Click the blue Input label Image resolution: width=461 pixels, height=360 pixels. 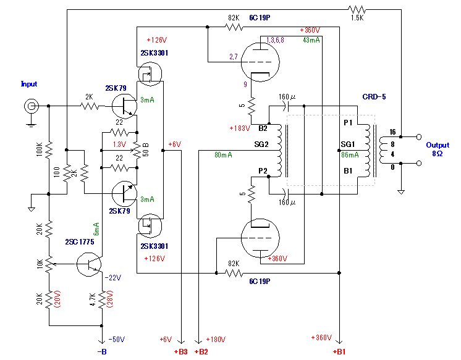click(29, 84)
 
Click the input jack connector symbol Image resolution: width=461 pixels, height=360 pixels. click(30, 106)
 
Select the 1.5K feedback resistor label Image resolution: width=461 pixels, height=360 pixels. click(357, 19)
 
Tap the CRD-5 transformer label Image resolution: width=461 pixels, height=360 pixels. click(374, 97)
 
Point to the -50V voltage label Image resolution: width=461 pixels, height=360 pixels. click(116, 339)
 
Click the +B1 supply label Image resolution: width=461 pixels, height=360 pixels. click(339, 351)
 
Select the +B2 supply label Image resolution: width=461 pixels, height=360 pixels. click(201, 351)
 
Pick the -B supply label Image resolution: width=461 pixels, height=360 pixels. click(102, 351)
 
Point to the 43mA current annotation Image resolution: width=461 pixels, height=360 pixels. click(311, 40)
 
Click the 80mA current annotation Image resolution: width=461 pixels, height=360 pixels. click(223, 155)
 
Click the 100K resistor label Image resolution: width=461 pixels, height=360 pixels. click(38, 149)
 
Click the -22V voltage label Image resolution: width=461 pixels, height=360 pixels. click(114, 277)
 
